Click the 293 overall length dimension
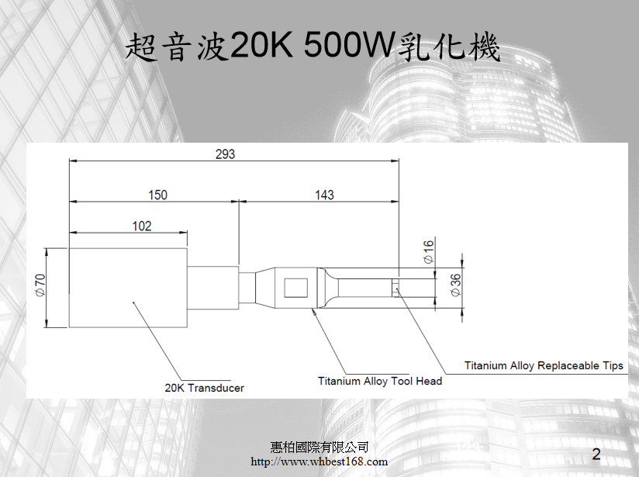click(x=225, y=154)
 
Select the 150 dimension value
click(x=157, y=195)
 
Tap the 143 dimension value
click(x=324, y=195)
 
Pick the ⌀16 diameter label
click(x=429, y=252)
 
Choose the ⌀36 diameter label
click(x=455, y=285)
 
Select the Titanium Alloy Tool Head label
click(x=380, y=381)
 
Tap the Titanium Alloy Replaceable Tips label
click(x=544, y=365)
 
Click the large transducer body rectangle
click(x=128, y=288)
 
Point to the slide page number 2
click(x=596, y=454)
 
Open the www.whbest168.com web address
click(x=319, y=462)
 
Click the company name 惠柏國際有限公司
click(x=319, y=448)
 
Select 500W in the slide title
click(x=348, y=48)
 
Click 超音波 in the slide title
click(x=177, y=48)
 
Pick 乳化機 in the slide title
click(x=447, y=48)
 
